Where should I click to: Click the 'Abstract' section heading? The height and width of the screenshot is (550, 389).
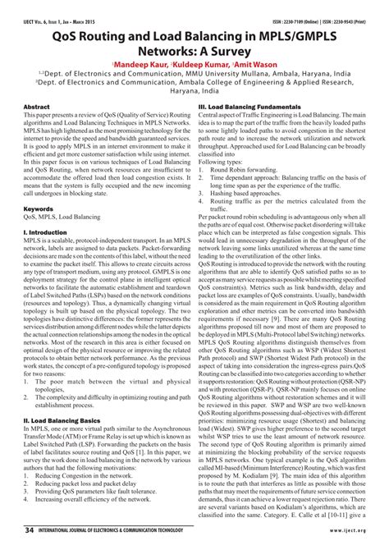(38, 108)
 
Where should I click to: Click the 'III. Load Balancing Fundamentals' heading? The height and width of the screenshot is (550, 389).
(248, 108)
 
